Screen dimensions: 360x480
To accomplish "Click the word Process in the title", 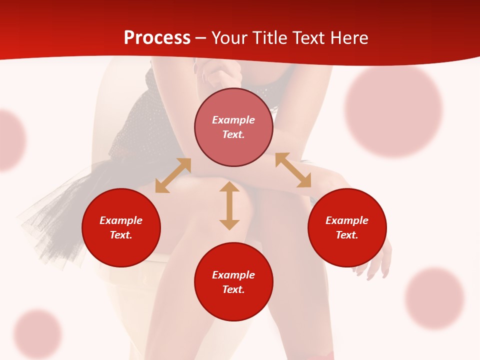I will coord(157,38).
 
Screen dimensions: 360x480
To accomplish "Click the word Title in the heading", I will coord(267,38).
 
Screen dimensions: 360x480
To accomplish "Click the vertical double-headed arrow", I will coord(229,205).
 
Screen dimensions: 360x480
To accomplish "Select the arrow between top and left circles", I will coord(173,175).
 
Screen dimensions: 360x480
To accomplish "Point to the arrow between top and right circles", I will coord(293,170).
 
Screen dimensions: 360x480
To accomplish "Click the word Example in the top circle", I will coord(233,120).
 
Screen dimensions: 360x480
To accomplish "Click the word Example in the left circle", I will coord(121,220).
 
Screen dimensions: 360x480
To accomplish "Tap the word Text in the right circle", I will coord(347,235).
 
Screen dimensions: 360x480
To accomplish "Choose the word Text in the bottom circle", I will coord(233,289).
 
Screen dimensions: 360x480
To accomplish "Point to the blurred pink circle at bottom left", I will coord(37,334).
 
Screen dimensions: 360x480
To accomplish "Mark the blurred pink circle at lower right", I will coord(434,298).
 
